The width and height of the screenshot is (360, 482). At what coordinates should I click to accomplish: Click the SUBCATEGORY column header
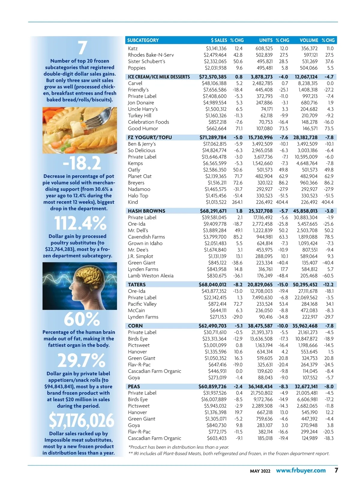click(x=143, y=40)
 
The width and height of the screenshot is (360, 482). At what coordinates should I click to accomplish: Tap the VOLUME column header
click(x=309, y=40)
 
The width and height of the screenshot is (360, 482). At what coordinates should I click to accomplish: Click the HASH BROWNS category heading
click(x=146, y=211)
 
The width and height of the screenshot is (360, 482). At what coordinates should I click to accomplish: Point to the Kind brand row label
click(x=133, y=202)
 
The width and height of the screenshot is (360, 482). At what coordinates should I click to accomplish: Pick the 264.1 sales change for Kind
click(x=237, y=202)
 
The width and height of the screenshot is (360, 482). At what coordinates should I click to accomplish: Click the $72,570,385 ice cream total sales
click(x=213, y=77)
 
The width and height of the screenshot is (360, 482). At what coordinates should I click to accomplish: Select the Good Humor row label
click(x=143, y=128)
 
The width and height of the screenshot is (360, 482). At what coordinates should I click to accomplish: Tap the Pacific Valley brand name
click(x=142, y=304)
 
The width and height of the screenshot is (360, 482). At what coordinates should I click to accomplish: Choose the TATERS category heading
click(x=136, y=285)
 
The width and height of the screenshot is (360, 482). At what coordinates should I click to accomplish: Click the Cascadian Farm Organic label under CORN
click(x=154, y=371)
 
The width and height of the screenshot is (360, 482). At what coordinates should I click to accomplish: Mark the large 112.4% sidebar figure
click(x=80, y=224)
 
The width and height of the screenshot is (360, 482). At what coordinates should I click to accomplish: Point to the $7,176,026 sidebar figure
click(x=82, y=420)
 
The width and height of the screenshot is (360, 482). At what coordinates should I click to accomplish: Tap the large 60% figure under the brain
click(x=82, y=319)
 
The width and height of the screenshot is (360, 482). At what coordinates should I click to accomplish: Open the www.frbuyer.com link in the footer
click(x=301, y=471)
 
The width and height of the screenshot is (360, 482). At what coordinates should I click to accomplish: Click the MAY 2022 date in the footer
click(x=260, y=471)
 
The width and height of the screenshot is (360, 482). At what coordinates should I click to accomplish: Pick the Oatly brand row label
click(x=134, y=170)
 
